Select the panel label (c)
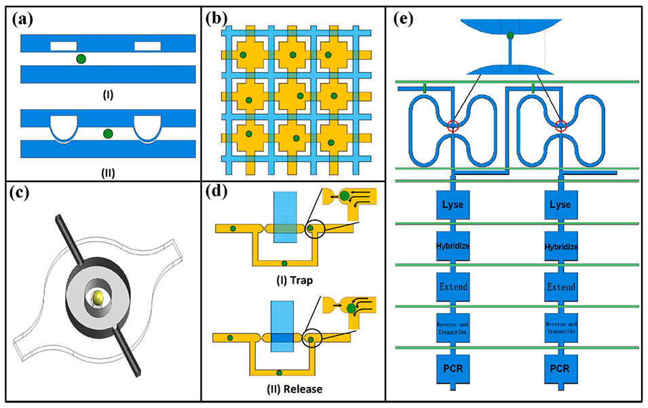25,193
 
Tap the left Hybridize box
454,245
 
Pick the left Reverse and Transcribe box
454,328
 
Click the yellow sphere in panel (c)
99,296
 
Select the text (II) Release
284,389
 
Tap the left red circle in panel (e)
454,126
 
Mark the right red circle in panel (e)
560,126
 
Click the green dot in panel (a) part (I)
81,60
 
